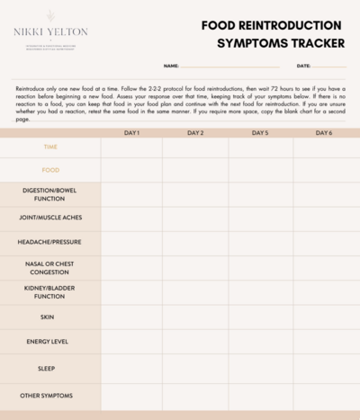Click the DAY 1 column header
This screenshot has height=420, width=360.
(x=131, y=133)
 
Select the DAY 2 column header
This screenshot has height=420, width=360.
(x=195, y=133)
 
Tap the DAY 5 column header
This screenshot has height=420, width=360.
(x=260, y=133)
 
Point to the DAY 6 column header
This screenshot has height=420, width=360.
(x=325, y=133)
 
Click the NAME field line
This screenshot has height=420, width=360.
(x=229, y=66)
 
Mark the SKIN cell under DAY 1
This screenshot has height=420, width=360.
(x=131, y=317)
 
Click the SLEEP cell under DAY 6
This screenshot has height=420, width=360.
(x=325, y=368)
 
